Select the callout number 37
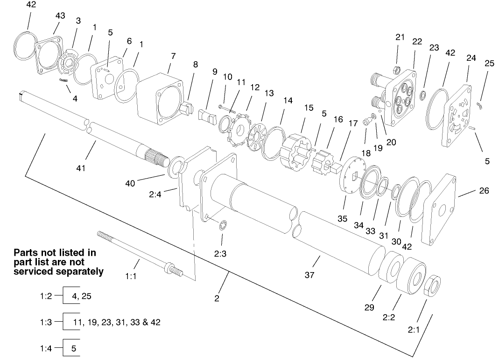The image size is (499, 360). click(x=309, y=275)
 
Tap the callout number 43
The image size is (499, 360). click(x=60, y=16)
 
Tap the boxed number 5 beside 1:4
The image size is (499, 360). click(x=74, y=348)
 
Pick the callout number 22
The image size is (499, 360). click(x=417, y=41)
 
